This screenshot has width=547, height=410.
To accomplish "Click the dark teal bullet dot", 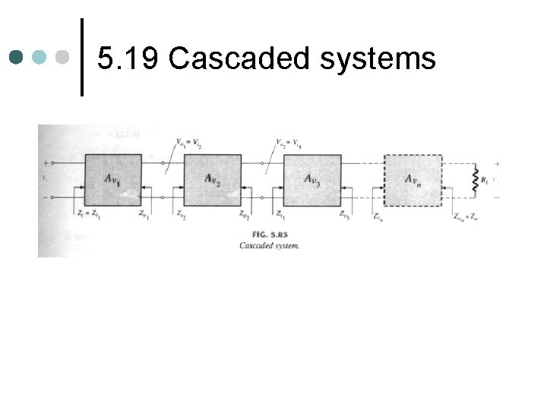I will (17, 57).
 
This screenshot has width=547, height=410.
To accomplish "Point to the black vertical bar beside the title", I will (82, 58).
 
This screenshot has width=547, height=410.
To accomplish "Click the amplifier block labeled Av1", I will (112, 179).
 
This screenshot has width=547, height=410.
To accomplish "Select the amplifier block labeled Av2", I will (213, 179).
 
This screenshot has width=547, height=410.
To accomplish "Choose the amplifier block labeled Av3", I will (311, 179).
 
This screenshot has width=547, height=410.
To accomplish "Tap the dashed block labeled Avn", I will (413, 179).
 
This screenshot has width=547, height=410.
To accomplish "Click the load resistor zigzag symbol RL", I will (476, 181).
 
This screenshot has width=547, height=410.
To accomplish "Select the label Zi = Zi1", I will (90, 216).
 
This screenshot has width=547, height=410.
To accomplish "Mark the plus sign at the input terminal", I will (45, 162).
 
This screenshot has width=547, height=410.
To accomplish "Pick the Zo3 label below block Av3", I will (345, 216).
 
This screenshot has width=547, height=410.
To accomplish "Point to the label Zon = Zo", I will (466, 216).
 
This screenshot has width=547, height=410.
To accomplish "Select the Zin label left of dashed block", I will (378, 216).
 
